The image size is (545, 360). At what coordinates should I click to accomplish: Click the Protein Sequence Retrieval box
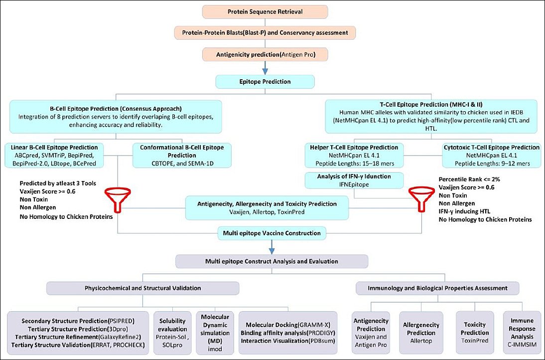tap(265, 12)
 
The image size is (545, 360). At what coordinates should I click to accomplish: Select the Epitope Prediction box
tap(265, 82)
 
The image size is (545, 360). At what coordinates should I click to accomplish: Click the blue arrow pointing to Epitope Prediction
tap(265, 68)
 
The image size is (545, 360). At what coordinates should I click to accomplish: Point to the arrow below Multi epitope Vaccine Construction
tap(272, 247)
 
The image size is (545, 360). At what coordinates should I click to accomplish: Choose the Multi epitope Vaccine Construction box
tap(272, 233)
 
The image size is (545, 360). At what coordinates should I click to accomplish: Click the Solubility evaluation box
tap(172, 333)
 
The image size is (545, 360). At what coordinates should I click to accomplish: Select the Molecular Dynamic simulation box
tap(215, 333)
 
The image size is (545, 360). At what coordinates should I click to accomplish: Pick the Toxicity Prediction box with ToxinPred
tap(475, 333)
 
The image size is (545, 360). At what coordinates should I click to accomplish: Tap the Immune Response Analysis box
tap(522, 333)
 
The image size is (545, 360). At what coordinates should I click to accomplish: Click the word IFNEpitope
tap(354, 184)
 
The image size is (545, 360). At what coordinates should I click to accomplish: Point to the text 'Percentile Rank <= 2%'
tap(469, 180)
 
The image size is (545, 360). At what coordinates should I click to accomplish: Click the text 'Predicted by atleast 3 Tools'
tap(58, 183)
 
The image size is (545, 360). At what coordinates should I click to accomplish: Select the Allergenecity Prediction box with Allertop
tap(421, 333)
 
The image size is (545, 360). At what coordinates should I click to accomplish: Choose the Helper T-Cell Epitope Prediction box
tap(354, 155)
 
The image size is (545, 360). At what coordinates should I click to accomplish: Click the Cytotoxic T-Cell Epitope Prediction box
tap(492, 155)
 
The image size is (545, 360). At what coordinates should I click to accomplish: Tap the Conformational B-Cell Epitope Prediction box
tap(182, 155)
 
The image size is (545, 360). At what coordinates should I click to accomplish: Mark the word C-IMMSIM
tap(522, 345)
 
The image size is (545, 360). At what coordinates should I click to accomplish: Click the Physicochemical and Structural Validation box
tap(142, 288)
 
